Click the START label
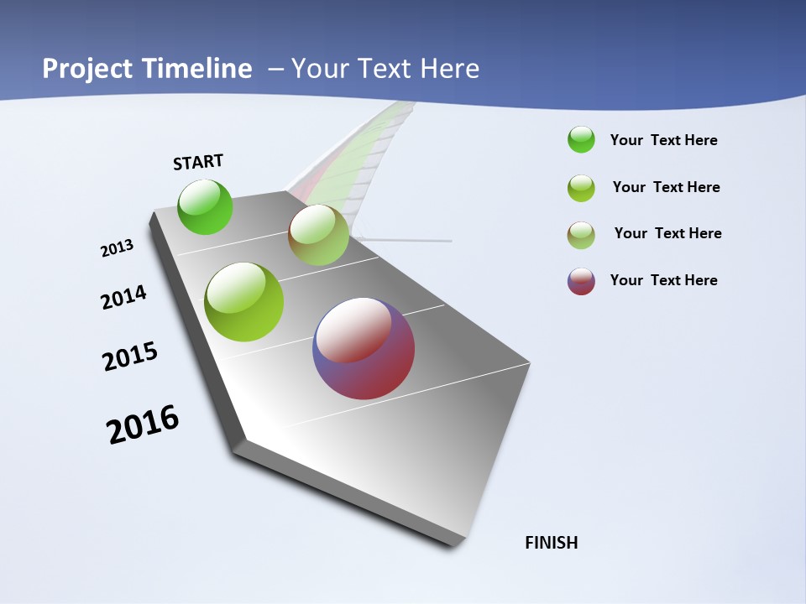[x=198, y=162]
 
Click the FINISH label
[x=551, y=543]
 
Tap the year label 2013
[x=118, y=247]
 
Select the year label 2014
[x=123, y=297]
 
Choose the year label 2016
[x=143, y=424]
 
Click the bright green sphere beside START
[x=205, y=206]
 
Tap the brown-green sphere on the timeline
[x=318, y=235]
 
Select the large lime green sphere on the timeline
[x=244, y=302]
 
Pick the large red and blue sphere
[x=364, y=348]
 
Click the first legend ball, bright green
[x=581, y=140]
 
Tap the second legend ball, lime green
[x=581, y=188]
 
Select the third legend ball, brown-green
[x=581, y=235]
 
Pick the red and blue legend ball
[x=581, y=281]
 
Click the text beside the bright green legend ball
[x=663, y=140]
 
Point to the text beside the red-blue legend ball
[x=663, y=280]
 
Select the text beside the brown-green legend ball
[x=667, y=233]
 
